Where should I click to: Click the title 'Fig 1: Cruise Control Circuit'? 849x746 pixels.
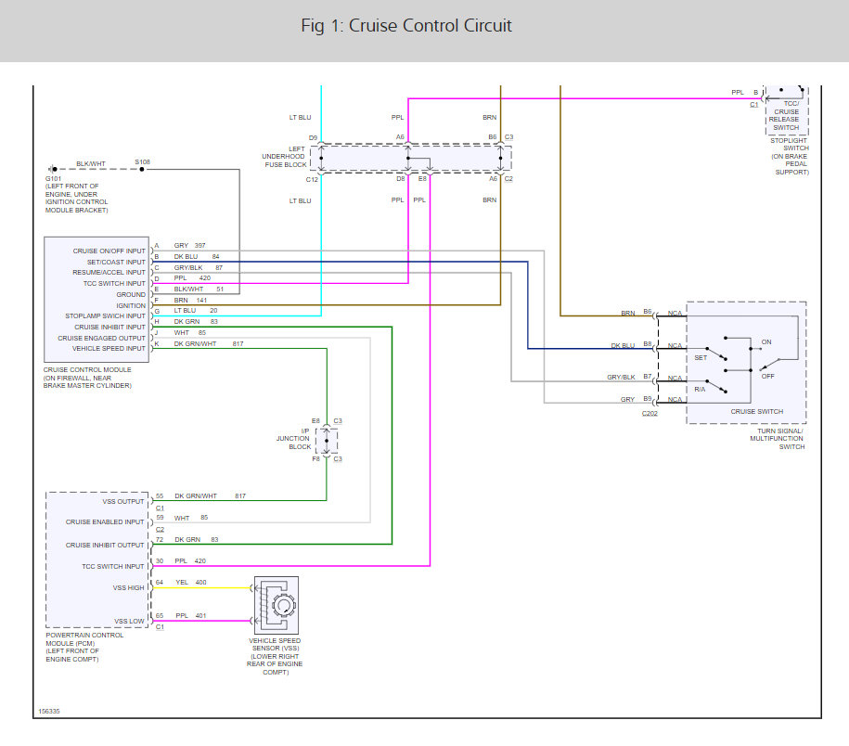406,25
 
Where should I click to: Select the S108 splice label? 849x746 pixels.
142,161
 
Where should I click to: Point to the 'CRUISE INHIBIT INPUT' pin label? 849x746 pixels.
109,327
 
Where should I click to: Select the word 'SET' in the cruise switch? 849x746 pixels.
701,356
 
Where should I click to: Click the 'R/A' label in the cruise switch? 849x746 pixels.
700,390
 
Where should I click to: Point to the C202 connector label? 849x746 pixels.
650,414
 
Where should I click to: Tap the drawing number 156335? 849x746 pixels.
49,711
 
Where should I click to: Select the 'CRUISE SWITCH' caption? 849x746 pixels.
757,411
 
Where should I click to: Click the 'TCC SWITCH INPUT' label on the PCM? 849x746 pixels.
113,566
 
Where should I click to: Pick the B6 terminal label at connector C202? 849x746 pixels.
648,312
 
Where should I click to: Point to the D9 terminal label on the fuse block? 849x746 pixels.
314,137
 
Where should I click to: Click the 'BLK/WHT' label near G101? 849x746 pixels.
91,163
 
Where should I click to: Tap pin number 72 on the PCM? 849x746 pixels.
160,539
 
